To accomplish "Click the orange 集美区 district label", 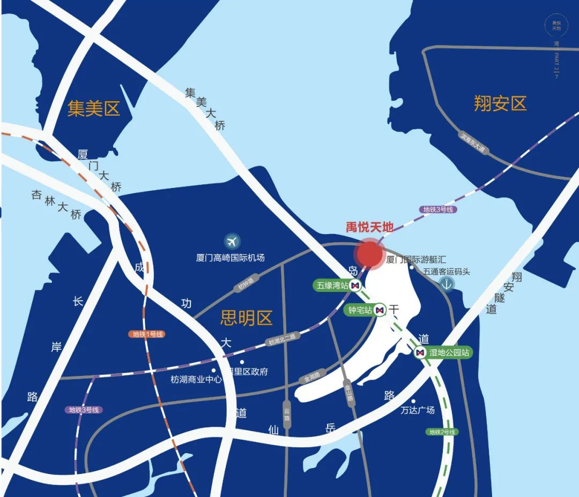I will (x=93, y=109).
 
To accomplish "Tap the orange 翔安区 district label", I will (x=500, y=103).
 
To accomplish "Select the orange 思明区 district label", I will (x=246, y=318).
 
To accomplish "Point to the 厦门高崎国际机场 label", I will (x=230, y=258).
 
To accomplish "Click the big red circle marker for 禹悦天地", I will (x=370, y=253).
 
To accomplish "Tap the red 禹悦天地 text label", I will (x=369, y=227).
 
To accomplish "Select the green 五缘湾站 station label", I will (x=332, y=286).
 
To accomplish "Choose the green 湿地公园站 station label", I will (x=449, y=352).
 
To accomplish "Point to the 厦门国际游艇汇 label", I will (x=411, y=260).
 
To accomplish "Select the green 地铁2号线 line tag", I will (x=442, y=432).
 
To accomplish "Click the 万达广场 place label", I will (x=418, y=410).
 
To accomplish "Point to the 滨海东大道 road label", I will (x=472, y=143).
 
